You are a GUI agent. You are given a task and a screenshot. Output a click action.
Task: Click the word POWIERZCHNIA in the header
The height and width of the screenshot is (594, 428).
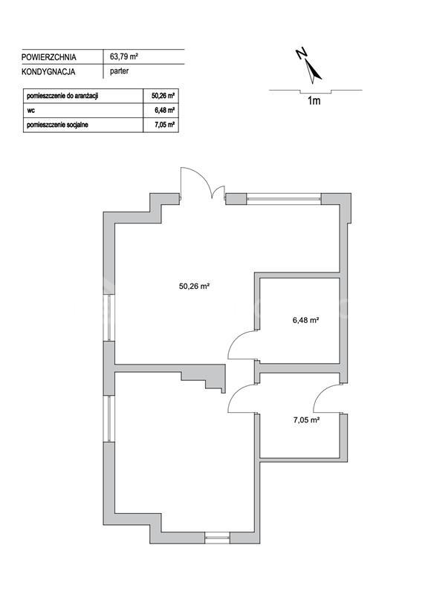pos(48,57)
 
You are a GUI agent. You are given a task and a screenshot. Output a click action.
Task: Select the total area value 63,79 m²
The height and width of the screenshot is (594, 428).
pos(123,57)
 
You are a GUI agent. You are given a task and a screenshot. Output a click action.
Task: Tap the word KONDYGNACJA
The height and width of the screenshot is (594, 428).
pos(48,71)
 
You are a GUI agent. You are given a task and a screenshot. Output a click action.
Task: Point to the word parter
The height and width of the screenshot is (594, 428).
pos(119,71)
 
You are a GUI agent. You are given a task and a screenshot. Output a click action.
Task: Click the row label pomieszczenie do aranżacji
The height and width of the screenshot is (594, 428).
pos(62,97)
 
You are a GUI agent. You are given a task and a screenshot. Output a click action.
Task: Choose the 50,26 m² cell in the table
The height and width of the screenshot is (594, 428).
pos(163,97)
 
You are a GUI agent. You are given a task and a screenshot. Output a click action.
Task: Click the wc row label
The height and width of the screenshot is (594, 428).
pos(30,111)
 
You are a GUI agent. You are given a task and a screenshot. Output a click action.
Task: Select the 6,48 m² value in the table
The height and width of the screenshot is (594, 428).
pos(164,111)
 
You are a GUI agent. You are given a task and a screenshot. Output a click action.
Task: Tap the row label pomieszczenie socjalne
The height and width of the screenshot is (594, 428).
pos(57,125)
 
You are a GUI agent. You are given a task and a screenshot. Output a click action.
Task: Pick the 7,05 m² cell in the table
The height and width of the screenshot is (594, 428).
pos(164,125)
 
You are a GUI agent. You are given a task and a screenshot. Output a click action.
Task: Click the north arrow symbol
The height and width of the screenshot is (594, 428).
pos(313,71)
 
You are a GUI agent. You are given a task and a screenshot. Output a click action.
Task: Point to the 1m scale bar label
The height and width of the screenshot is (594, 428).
pos(314,101)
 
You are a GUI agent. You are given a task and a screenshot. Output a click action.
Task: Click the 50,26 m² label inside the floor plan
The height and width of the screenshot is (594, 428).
pos(195,287)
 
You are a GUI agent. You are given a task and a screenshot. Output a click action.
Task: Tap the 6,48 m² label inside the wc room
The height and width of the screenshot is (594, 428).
pos(305,320)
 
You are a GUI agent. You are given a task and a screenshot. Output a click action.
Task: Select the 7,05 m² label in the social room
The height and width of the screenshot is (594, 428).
pos(306,420)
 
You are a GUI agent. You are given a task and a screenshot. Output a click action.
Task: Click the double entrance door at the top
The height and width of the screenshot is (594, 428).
pos(202,183)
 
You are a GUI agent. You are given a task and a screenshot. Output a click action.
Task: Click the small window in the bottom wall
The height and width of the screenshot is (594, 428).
pos(217,538)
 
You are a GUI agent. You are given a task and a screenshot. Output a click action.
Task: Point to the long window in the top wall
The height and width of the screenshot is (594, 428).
pos(284,199)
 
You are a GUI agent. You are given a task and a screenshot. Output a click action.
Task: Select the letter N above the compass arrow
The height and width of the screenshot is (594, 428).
pos(302,53)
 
